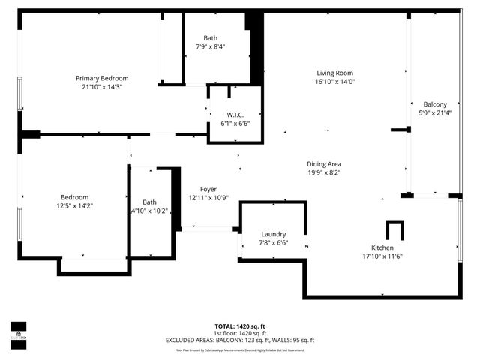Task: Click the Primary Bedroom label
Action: (x=102, y=78)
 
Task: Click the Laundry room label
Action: (x=274, y=234)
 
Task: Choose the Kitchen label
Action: (x=383, y=248)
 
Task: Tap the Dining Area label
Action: (x=324, y=164)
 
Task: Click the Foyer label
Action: (x=208, y=189)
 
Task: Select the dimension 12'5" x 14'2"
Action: (x=75, y=205)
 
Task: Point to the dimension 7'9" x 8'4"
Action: (x=210, y=46)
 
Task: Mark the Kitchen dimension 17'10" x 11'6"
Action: (x=383, y=256)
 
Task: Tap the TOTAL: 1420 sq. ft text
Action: (x=240, y=326)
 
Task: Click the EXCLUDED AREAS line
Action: (x=240, y=340)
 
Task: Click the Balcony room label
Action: (x=435, y=104)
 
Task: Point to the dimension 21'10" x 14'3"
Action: (x=102, y=87)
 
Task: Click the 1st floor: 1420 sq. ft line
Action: (x=240, y=334)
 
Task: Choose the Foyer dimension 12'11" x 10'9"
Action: (x=208, y=198)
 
